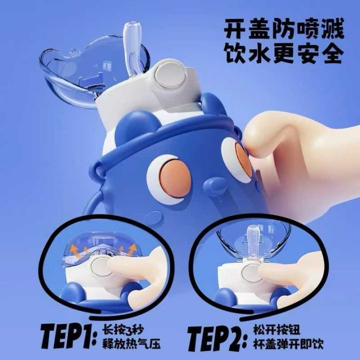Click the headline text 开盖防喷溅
[x=284, y=29]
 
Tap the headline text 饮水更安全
[x=284, y=53]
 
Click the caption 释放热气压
[x=131, y=344]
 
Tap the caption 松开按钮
[x=276, y=329]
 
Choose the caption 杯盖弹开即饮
[x=288, y=344]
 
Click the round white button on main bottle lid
[x=170, y=75]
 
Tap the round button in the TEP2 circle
[x=251, y=273]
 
